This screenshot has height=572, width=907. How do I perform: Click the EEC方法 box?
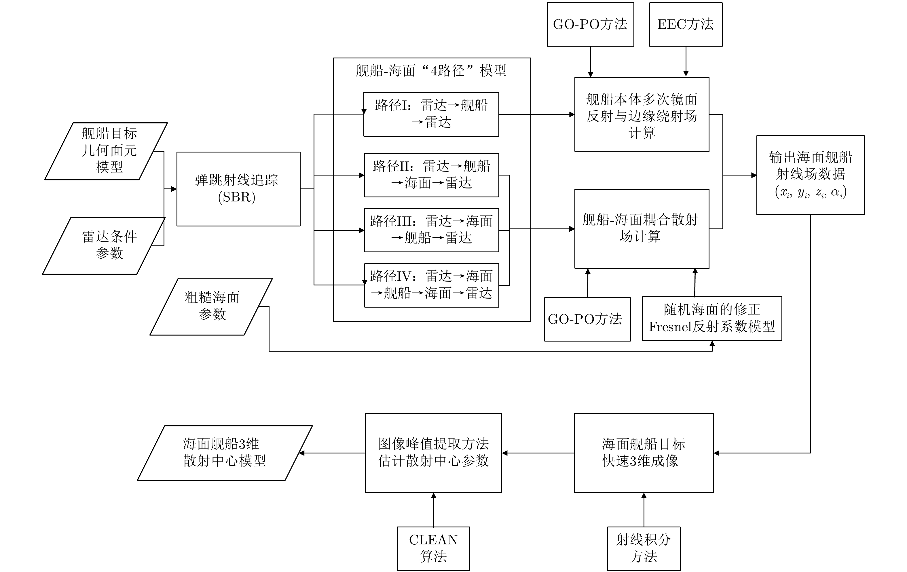pyautogui.click(x=686, y=24)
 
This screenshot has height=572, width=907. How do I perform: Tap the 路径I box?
pyautogui.click(x=431, y=114)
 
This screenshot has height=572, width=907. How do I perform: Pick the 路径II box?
pyautogui.click(x=431, y=175)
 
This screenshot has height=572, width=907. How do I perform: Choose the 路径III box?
pyautogui.click(x=431, y=230)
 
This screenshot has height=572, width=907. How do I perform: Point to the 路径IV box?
pyautogui.click(x=431, y=285)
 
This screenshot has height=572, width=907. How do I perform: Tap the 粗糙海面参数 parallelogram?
pyautogui.click(x=211, y=306)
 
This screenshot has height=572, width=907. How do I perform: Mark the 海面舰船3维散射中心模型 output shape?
pyautogui.click(x=225, y=453)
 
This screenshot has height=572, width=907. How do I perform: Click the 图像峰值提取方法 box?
pyautogui.click(x=433, y=453)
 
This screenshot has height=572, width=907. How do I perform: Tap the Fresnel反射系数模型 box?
pyautogui.click(x=711, y=318)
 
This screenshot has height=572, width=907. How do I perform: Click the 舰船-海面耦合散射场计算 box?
pyautogui.click(x=642, y=228)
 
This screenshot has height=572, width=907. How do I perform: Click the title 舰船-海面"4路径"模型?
pyautogui.click(x=431, y=71)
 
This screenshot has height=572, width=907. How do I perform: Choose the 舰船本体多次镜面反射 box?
pyautogui.click(x=642, y=115)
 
